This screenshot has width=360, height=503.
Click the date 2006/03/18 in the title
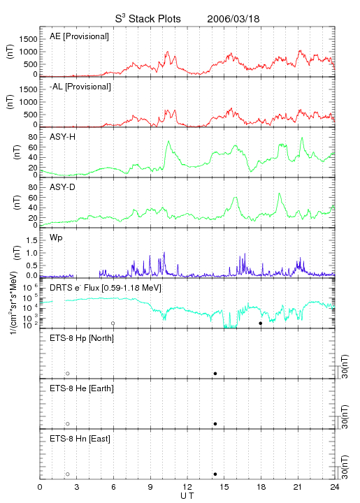(233, 19)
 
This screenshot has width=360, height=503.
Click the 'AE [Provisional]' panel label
(79, 36)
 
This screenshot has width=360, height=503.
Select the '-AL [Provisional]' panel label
(80, 87)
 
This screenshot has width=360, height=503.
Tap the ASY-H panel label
(63, 137)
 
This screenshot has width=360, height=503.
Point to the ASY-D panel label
(63, 187)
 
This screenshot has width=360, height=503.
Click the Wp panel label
(56, 238)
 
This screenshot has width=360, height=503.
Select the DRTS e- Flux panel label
(106, 288)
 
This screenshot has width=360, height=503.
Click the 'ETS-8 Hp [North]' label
(82, 338)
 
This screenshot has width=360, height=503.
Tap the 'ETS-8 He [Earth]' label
(82, 388)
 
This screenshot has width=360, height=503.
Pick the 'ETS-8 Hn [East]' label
(80, 439)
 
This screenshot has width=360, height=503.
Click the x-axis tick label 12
(187, 487)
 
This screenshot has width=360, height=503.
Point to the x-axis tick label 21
(298, 487)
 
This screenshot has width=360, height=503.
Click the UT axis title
(187, 496)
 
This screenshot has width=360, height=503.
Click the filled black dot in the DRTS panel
(261, 323)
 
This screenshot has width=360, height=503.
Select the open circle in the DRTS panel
(113, 323)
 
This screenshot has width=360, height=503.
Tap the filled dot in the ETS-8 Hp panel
(215, 373)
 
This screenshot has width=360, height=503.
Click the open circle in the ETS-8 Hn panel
(68, 474)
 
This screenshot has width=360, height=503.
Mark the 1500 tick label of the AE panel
(28, 39)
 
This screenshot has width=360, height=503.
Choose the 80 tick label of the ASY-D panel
(33, 187)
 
